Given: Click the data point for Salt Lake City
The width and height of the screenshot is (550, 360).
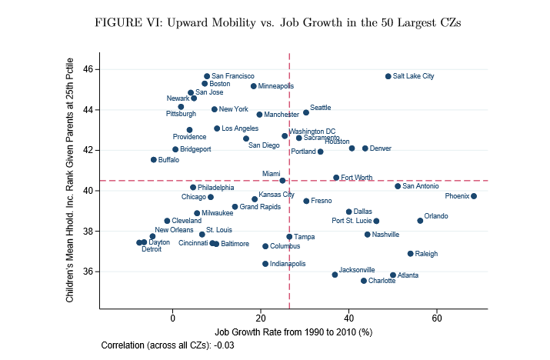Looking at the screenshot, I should pos(388,76).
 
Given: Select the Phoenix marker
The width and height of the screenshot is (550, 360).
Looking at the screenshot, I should pos(474,196).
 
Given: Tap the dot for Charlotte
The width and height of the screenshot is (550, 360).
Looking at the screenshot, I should pos(364,281).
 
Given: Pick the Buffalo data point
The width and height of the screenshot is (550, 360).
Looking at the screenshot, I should pos(154,160).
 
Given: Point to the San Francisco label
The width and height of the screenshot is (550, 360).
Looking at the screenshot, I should pos(233,76).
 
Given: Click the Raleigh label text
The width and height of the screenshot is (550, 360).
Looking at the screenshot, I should pos(426,253).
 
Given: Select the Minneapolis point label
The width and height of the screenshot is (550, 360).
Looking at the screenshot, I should pos(276,86).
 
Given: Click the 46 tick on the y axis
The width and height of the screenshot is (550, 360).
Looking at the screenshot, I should pos(88,69).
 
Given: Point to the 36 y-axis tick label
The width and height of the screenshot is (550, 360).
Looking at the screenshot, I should pos(88,272).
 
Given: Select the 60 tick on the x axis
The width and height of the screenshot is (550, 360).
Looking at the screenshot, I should pos(437,318).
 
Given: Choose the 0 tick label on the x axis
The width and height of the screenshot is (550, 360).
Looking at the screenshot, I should pos(172,318).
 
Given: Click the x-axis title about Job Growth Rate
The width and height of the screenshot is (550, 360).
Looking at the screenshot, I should pos(293,332).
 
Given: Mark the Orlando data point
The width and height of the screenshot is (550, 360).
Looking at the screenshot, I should pos(420,221).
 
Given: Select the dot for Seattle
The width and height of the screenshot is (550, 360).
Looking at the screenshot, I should pos(305,112).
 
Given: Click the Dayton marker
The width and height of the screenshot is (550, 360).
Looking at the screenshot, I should pos(144,242).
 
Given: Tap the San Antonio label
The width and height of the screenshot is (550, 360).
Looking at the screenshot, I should pos(421,186).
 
